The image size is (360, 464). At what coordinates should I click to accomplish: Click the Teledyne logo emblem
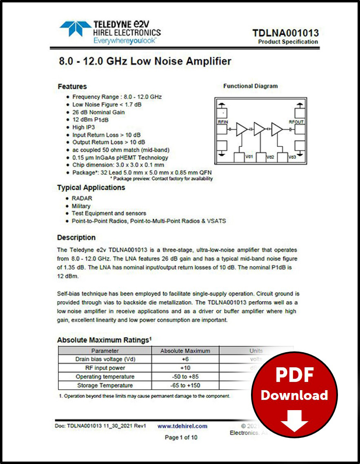click(75, 29)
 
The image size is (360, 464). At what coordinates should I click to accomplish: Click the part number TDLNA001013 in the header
click(285, 33)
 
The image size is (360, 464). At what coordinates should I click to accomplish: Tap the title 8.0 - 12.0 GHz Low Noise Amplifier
click(144, 62)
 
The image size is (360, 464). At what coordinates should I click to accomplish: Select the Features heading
click(72, 87)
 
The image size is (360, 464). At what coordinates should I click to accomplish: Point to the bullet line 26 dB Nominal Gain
click(98, 112)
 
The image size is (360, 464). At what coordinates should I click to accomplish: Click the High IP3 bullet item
click(83, 127)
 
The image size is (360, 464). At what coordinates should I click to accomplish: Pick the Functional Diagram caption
click(250, 86)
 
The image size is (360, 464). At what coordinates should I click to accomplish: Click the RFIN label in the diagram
click(223, 122)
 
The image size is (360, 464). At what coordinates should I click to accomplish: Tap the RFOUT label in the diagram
click(296, 122)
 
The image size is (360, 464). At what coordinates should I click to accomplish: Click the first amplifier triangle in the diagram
click(242, 129)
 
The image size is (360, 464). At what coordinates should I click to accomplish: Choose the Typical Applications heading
click(91, 188)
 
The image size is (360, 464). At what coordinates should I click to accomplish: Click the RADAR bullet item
click(82, 198)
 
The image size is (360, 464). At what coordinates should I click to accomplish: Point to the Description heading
click(76, 238)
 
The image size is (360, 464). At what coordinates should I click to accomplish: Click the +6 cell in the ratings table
click(185, 359)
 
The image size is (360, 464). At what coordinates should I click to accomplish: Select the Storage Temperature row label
click(104, 385)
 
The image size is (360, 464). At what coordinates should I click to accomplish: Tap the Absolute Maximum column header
click(185, 351)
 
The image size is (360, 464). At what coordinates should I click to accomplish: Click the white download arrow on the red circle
click(294, 420)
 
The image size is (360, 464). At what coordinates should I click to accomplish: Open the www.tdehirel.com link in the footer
click(182, 426)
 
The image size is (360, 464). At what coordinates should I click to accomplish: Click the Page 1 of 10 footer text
click(181, 437)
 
